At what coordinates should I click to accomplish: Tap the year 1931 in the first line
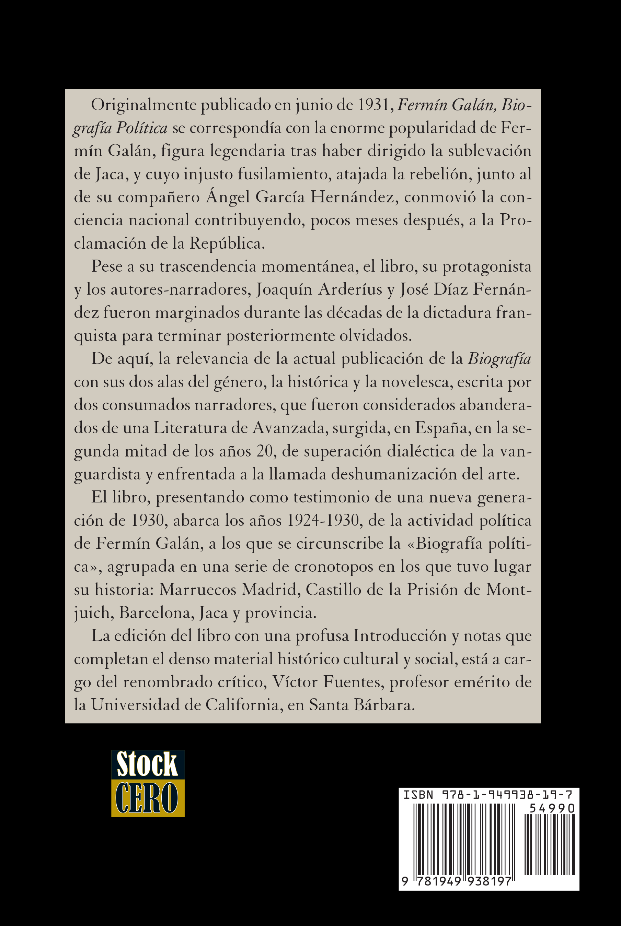click(375, 105)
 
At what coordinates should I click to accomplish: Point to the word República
click(227, 243)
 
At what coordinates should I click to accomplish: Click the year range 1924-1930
click(323, 521)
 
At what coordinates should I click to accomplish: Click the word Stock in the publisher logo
click(147, 764)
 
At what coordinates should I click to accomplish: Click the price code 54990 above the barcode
click(552, 808)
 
